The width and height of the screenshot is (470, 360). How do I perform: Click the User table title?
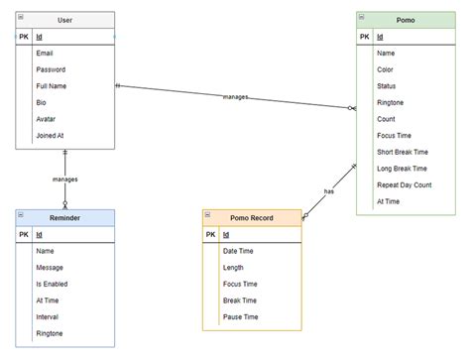[x=64, y=20]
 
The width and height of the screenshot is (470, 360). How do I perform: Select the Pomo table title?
[x=407, y=20]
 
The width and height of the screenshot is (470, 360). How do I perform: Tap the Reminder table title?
[x=64, y=217]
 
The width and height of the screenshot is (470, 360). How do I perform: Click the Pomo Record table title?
[x=252, y=217]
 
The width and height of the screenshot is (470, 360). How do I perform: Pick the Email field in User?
[x=45, y=53]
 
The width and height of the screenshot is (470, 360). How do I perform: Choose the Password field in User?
[x=51, y=69]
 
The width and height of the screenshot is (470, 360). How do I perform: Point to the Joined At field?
[x=52, y=135]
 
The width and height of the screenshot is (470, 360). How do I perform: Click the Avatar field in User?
[x=47, y=119]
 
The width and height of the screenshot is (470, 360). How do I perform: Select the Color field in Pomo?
[x=385, y=69]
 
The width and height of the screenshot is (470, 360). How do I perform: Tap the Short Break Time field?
[x=403, y=152]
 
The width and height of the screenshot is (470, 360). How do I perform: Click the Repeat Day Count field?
[x=405, y=184]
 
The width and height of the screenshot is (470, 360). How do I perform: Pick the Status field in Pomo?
[x=386, y=86]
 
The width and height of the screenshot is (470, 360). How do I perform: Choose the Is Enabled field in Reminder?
[x=54, y=284]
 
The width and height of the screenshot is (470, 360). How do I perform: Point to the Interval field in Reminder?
[x=49, y=316]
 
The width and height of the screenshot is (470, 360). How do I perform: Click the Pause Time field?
[x=240, y=316]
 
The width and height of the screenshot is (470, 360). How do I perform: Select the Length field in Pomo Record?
[x=234, y=267]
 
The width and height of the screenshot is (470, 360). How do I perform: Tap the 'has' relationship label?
[x=328, y=191]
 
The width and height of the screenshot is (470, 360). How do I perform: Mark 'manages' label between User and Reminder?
[x=64, y=180]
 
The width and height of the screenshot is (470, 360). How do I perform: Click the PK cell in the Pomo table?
[x=364, y=37]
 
